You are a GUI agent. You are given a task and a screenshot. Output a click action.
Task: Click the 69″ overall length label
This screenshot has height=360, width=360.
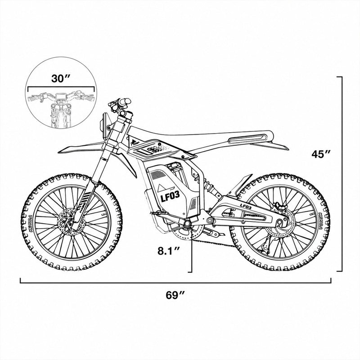[x=175, y=295]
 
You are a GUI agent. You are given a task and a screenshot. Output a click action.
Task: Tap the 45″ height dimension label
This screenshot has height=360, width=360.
[x=321, y=154]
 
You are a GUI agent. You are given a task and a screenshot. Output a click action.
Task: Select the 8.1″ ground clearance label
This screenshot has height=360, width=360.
[x=169, y=251]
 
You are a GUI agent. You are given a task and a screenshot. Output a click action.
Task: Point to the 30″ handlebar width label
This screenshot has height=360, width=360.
[x=61, y=78]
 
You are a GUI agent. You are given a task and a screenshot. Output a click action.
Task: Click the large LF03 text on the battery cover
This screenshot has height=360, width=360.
[x=170, y=197]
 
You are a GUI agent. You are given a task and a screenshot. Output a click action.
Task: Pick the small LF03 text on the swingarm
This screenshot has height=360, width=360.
[x=246, y=206]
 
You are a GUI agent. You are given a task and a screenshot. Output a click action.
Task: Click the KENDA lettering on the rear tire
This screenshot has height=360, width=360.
[x=321, y=221]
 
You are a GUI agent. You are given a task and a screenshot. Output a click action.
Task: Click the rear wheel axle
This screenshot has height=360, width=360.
[x=279, y=222]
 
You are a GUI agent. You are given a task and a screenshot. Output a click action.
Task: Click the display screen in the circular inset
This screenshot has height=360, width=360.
[x=61, y=96]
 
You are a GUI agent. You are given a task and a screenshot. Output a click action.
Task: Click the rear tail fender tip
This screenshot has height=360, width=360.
[x=288, y=149]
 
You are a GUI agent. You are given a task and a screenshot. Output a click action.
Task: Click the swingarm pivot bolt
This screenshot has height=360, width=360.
[x=210, y=221]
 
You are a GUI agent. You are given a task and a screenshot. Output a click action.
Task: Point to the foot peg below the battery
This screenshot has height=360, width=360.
[x=157, y=213]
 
